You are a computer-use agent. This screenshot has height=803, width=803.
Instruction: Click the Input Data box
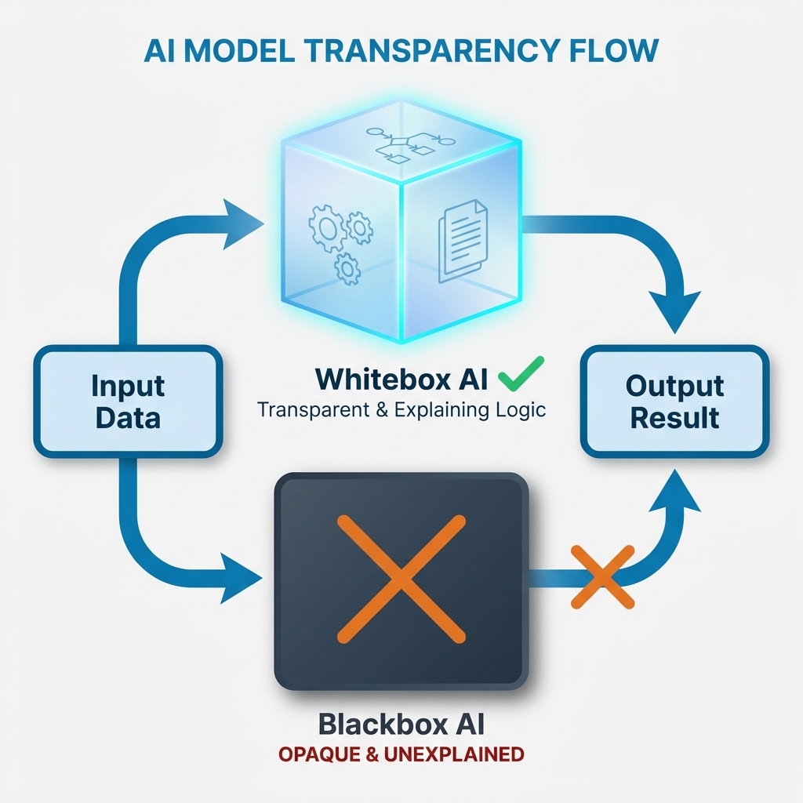(x=128, y=401)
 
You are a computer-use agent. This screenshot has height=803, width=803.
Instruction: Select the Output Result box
(x=674, y=401)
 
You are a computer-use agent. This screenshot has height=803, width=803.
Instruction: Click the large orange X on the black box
(x=401, y=578)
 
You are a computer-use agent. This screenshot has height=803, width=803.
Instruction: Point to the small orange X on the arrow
(x=602, y=577)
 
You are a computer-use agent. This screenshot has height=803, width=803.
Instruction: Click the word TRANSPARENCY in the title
(x=431, y=49)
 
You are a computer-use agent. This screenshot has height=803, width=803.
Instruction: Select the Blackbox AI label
(x=401, y=722)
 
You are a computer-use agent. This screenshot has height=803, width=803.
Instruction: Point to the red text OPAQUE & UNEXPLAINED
(x=401, y=754)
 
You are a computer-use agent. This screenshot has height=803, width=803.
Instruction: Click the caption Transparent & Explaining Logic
(x=401, y=410)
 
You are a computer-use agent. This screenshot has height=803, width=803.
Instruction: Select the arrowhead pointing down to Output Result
(x=674, y=310)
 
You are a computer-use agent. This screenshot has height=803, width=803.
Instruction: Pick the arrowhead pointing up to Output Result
(x=674, y=490)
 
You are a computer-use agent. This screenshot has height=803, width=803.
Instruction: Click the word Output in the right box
(x=674, y=386)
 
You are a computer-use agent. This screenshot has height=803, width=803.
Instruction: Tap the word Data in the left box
(x=128, y=417)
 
